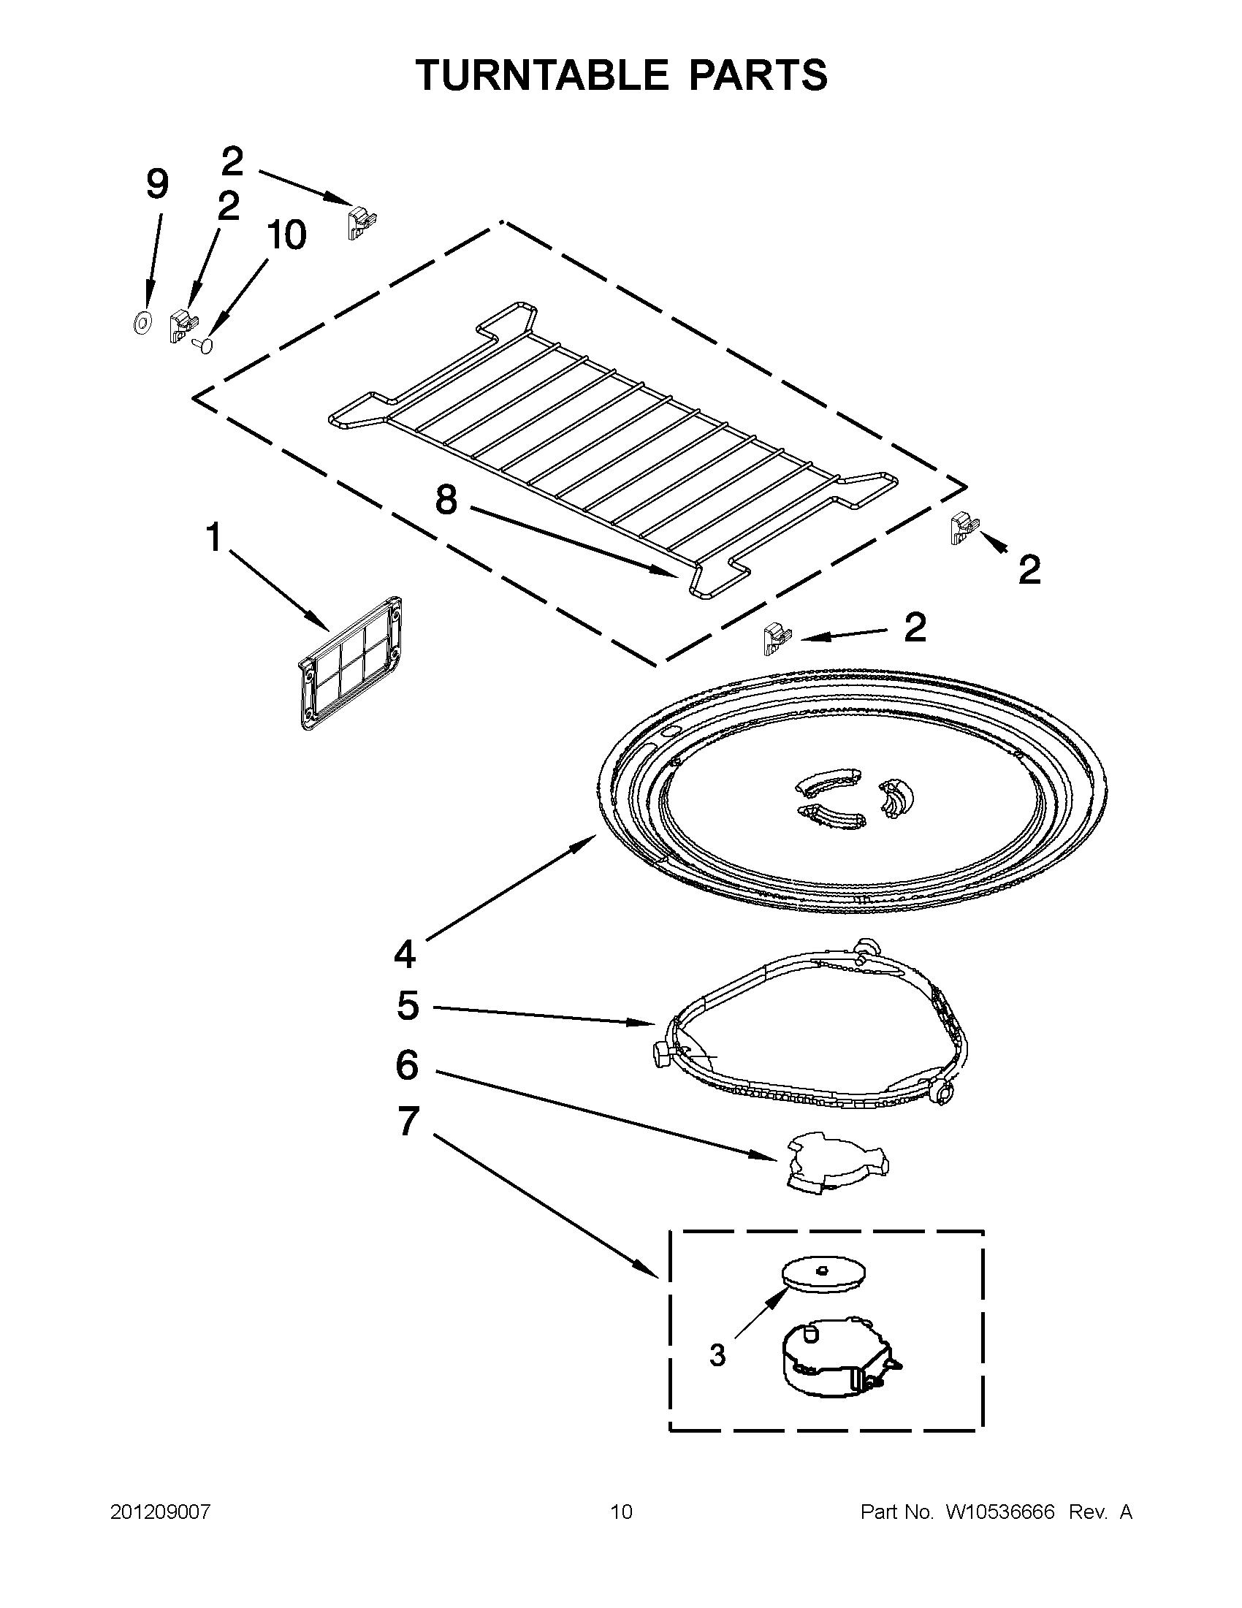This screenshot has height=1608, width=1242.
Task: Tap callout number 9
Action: [x=157, y=183]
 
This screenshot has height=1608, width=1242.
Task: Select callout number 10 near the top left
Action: [x=286, y=235]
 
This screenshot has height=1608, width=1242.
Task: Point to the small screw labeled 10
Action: [x=203, y=344]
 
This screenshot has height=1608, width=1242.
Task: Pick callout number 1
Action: [x=213, y=538]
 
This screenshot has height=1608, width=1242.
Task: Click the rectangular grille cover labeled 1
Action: [x=351, y=663]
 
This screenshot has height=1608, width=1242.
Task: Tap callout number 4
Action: [x=405, y=954]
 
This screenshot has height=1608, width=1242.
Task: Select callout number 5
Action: [x=407, y=1006]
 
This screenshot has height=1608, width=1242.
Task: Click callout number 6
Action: [x=407, y=1064]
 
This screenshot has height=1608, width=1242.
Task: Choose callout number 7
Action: [x=408, y=1121]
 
